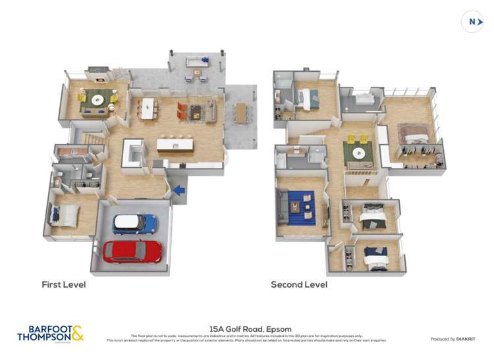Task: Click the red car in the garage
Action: [132, 251]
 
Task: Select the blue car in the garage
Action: [134, 224]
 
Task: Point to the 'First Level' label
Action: [64, 285]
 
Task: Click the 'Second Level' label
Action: [299, 285]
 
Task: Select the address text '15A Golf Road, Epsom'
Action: [250, 329]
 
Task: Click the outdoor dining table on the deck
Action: [240, 113]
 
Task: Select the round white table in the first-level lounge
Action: [98, 100]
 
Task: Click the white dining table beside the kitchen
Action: [147, 107]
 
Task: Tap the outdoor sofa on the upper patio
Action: [195, 63]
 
